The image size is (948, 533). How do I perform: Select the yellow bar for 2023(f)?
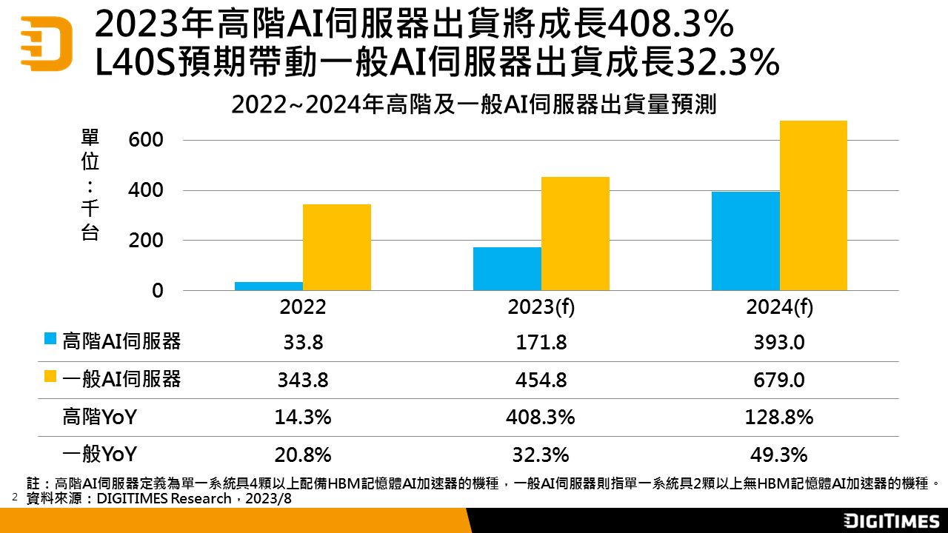click(x=575, y=233)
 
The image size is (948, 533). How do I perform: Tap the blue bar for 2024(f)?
click(x=745, y=241)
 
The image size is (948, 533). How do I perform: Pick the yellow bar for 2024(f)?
click(x=813, y=205)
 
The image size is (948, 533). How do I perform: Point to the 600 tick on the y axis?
click(x=147, y=140)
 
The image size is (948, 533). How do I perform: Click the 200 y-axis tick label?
click(x=147, y=241)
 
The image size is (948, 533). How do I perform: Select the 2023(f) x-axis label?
click(x=541, y=308)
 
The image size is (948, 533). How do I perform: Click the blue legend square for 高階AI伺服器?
click(x=50, y=339)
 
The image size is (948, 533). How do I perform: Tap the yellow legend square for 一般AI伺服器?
click(x=50, y=378)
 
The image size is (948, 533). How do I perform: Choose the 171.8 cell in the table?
click(x=541, y=343)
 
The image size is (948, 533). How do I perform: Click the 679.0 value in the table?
click(x=779, y=381)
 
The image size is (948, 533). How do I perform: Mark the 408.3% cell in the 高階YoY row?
click(x=541, y=418)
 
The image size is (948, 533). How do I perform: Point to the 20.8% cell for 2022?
click(x=304, y=455)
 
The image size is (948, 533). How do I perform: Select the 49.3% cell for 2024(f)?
click(x=779, y=455)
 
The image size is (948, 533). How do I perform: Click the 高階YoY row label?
click(x=99, y=418)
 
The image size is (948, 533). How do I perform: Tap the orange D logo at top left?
click(x=46, y=43)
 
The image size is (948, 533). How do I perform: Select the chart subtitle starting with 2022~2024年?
click(x=474, y=105)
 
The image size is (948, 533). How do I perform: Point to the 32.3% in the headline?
click(x=726, y=64)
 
